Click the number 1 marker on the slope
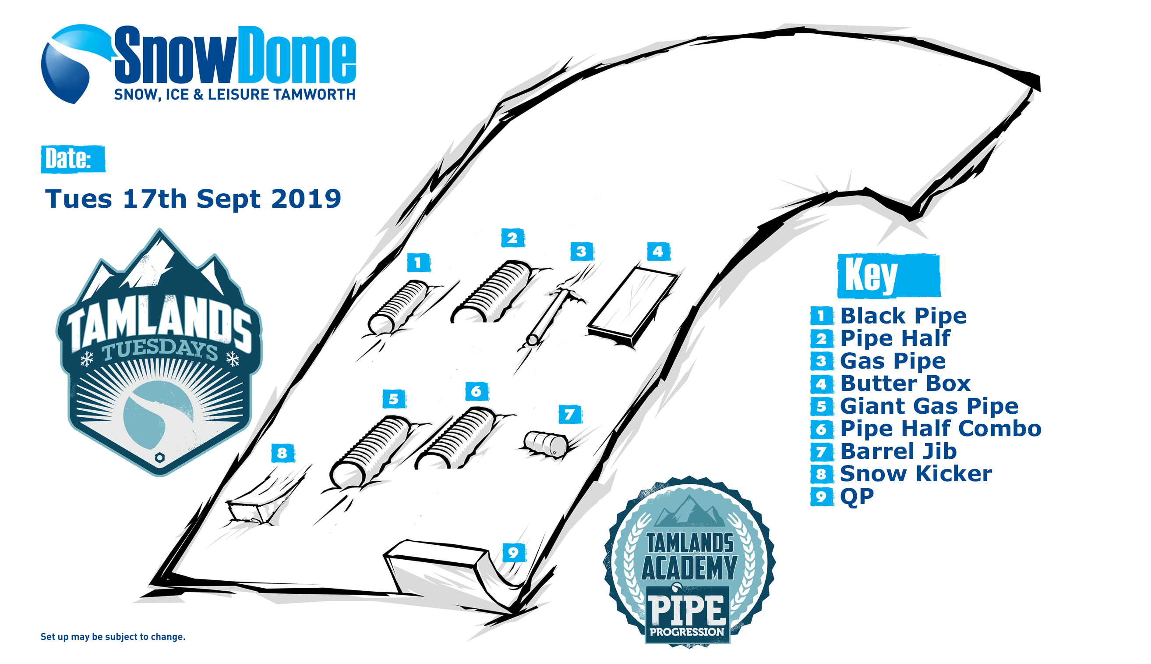tap(418, 263)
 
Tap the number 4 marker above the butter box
tap(658, 251)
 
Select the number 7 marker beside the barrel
tap(570, 414)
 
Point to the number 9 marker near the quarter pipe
tap(514, 553)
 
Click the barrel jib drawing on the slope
tap(545, 443)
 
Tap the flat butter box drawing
tap(632, 306)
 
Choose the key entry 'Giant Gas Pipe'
tap(929, 406)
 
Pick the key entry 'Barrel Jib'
tap(898, 451)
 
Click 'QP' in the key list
tap(857, 496)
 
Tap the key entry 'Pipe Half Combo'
tap(940, 429)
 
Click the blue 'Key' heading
tap(889, 275)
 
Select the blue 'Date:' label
tap(73, 159)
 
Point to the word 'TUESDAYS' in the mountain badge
tap(160, 350)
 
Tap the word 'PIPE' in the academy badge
tap(688, 610)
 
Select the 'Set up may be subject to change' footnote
tap(113, 637)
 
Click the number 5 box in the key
tap(822, 406)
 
